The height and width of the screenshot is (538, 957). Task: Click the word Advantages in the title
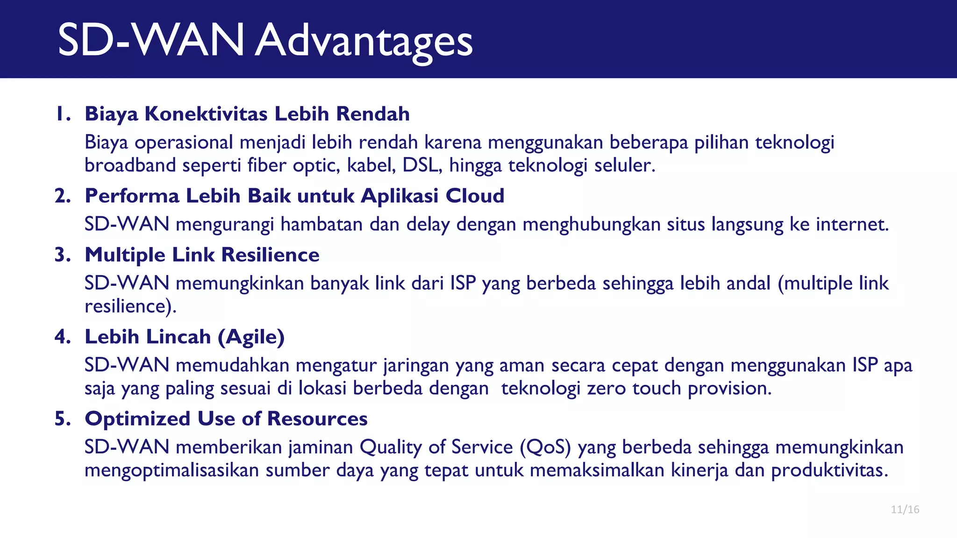coord(364,41)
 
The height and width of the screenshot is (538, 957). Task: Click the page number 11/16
coord(905,510)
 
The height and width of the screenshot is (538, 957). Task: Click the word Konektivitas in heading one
coord(206,114)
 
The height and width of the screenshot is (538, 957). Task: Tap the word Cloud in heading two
coord(475,196)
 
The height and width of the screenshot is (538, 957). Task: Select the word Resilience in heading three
coord(270,255)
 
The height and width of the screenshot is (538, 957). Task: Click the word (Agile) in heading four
coord(251,337)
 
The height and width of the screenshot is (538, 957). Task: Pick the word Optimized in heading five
coord(137,419)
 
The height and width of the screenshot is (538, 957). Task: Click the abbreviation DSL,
coord(422,165)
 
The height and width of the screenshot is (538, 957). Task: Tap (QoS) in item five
coord(545,447)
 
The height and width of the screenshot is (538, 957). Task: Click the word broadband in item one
coord(130,165)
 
